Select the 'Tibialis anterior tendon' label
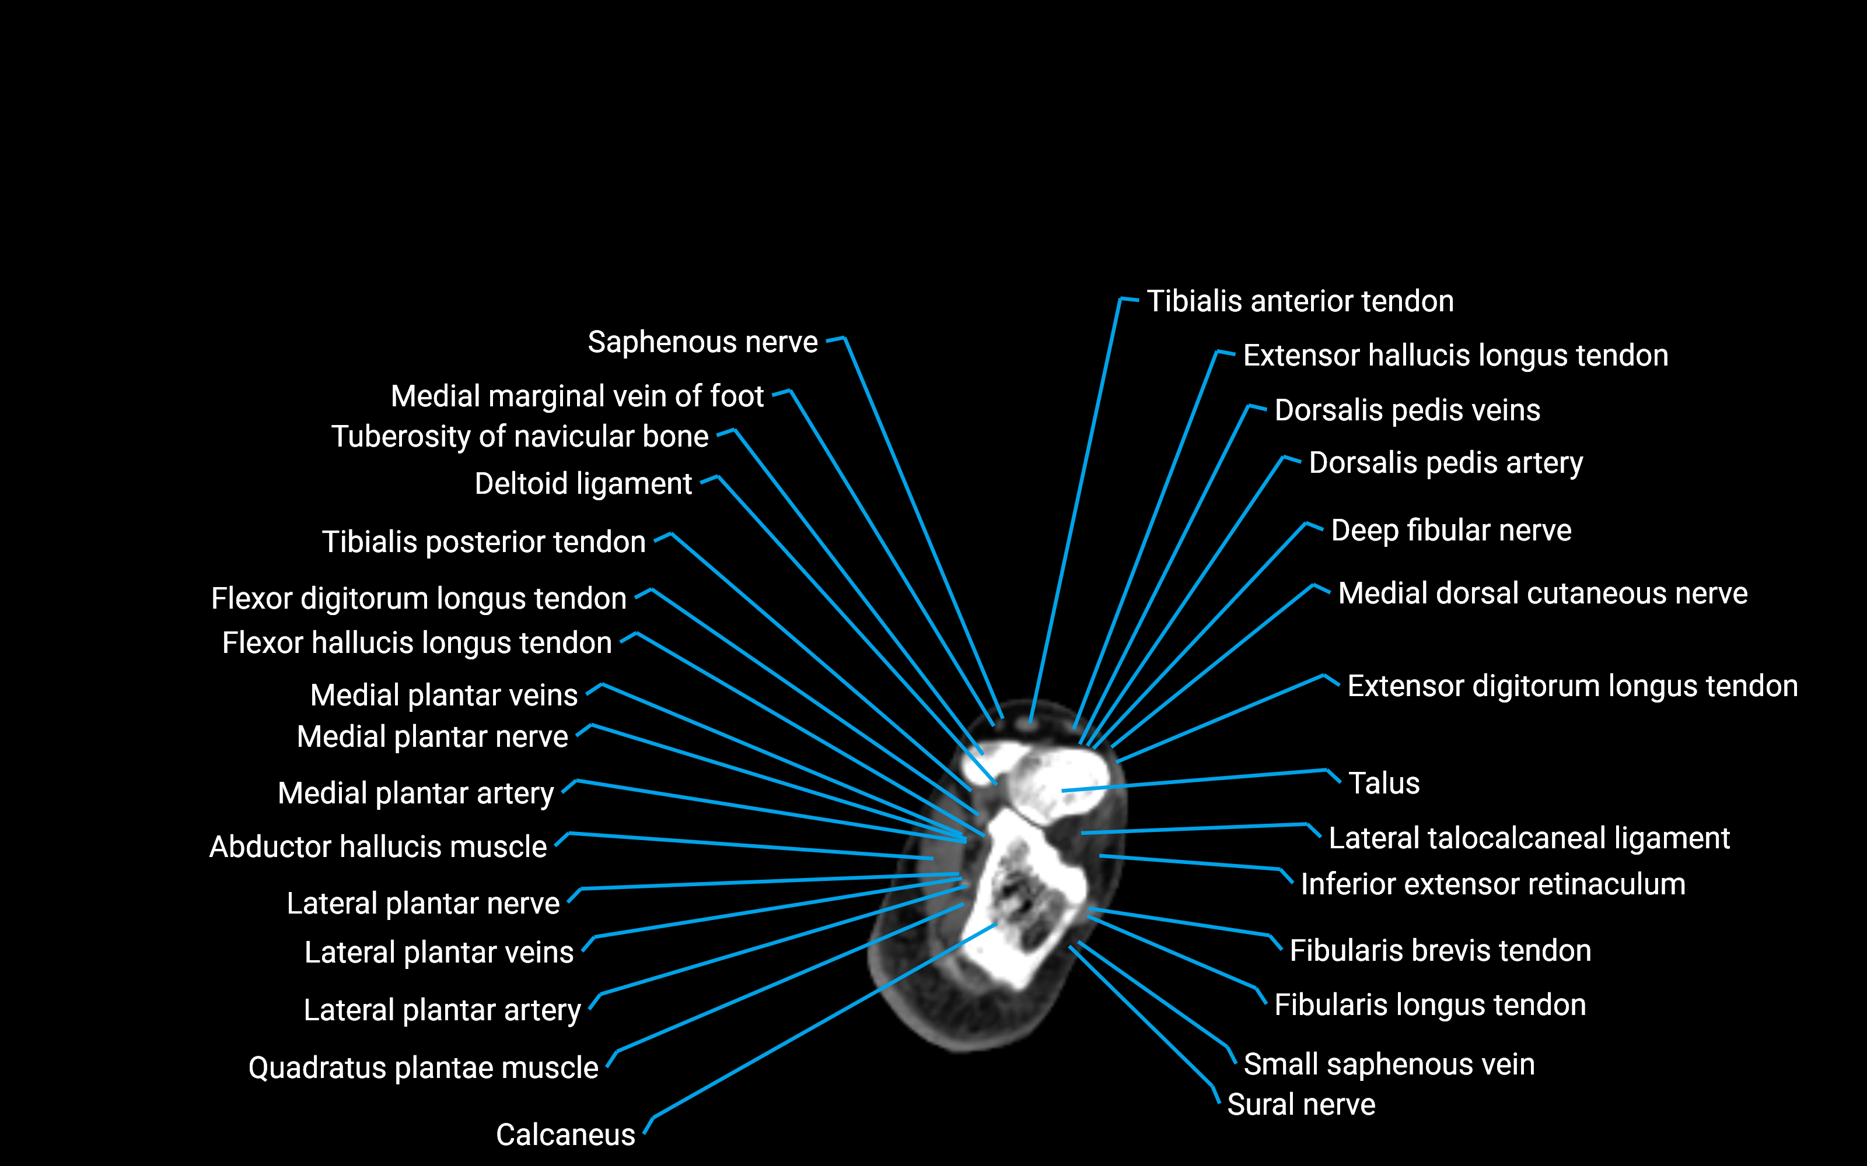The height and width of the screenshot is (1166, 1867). coord(1300,301)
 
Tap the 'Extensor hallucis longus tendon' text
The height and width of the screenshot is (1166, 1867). coord(1455,356)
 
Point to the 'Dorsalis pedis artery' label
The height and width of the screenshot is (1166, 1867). coord(1445,463)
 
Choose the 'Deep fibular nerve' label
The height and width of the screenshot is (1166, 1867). coord(1450,531)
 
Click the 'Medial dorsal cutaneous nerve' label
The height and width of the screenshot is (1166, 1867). coord(1542,594)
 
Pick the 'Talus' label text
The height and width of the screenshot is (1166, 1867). coord(1383,784)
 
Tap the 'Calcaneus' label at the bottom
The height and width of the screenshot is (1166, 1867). coord(565,1135)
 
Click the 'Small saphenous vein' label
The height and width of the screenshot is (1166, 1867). coord(1389,1064)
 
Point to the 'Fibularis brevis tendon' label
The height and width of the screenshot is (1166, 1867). coord(1439,951)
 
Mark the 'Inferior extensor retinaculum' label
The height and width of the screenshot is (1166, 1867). coord(1492,884)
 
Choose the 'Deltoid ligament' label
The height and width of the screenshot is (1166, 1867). coord(583,483)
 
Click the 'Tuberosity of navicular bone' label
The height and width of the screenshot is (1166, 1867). coord(519,437)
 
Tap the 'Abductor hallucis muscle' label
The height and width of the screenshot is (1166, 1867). coord(378,847)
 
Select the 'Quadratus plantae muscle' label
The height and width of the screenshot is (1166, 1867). coord(423,1068)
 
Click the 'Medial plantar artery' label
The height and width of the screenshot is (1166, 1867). coord(416,793)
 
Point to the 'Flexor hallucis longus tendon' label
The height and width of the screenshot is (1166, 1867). coord(417,643)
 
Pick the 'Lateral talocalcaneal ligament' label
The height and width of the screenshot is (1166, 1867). coord(1529,838)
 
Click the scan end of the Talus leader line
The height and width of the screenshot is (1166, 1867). coord(1063,791)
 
